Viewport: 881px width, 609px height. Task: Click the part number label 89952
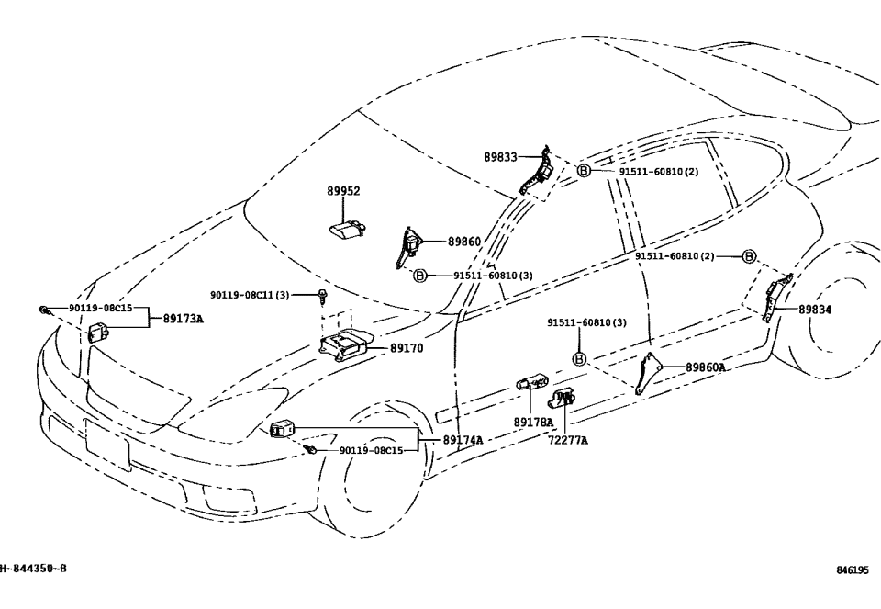343,192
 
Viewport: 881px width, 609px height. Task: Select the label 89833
501,157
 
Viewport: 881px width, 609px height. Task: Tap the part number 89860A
706,367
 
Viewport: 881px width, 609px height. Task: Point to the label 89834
815,310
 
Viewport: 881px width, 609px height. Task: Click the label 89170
407,349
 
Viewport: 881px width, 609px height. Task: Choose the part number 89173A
183,319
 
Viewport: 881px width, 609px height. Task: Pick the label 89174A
463,440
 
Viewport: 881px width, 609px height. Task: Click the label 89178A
533,423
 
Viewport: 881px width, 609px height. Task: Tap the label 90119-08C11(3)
250,295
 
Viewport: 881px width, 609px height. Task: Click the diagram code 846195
852,570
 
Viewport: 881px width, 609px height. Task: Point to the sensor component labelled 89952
348,229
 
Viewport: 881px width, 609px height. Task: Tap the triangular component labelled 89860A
649,373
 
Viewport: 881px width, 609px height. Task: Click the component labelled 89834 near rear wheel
775,296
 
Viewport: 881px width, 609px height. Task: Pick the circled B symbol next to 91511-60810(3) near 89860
419,276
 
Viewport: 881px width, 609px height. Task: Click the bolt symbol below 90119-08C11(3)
323,297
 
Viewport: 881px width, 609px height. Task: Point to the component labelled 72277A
562,398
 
